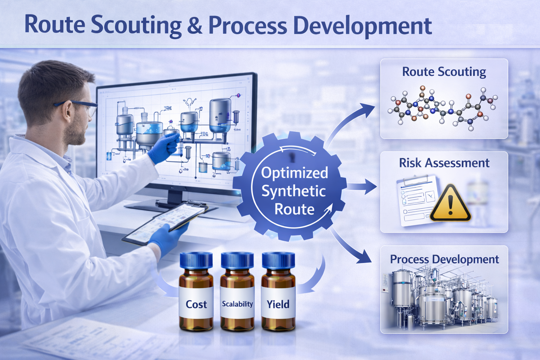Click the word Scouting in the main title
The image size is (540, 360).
pyautogui.click(x=136, y=25)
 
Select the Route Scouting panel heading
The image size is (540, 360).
pyautogui.click(x=444, y=72)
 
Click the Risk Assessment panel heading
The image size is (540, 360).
pyautogui.click(x=444, y=163)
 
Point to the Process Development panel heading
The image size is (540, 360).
pyautogui.click(x=444, y=259)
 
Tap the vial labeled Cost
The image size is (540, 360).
pyautogui.click(x=196, y=295)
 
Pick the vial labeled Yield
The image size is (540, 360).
pyautogui.click(x=278, y=295)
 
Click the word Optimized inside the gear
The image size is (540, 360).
pyautogui.click(x=295, y=173)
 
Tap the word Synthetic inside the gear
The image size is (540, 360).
pyautogui.click(x=294, y=191)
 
